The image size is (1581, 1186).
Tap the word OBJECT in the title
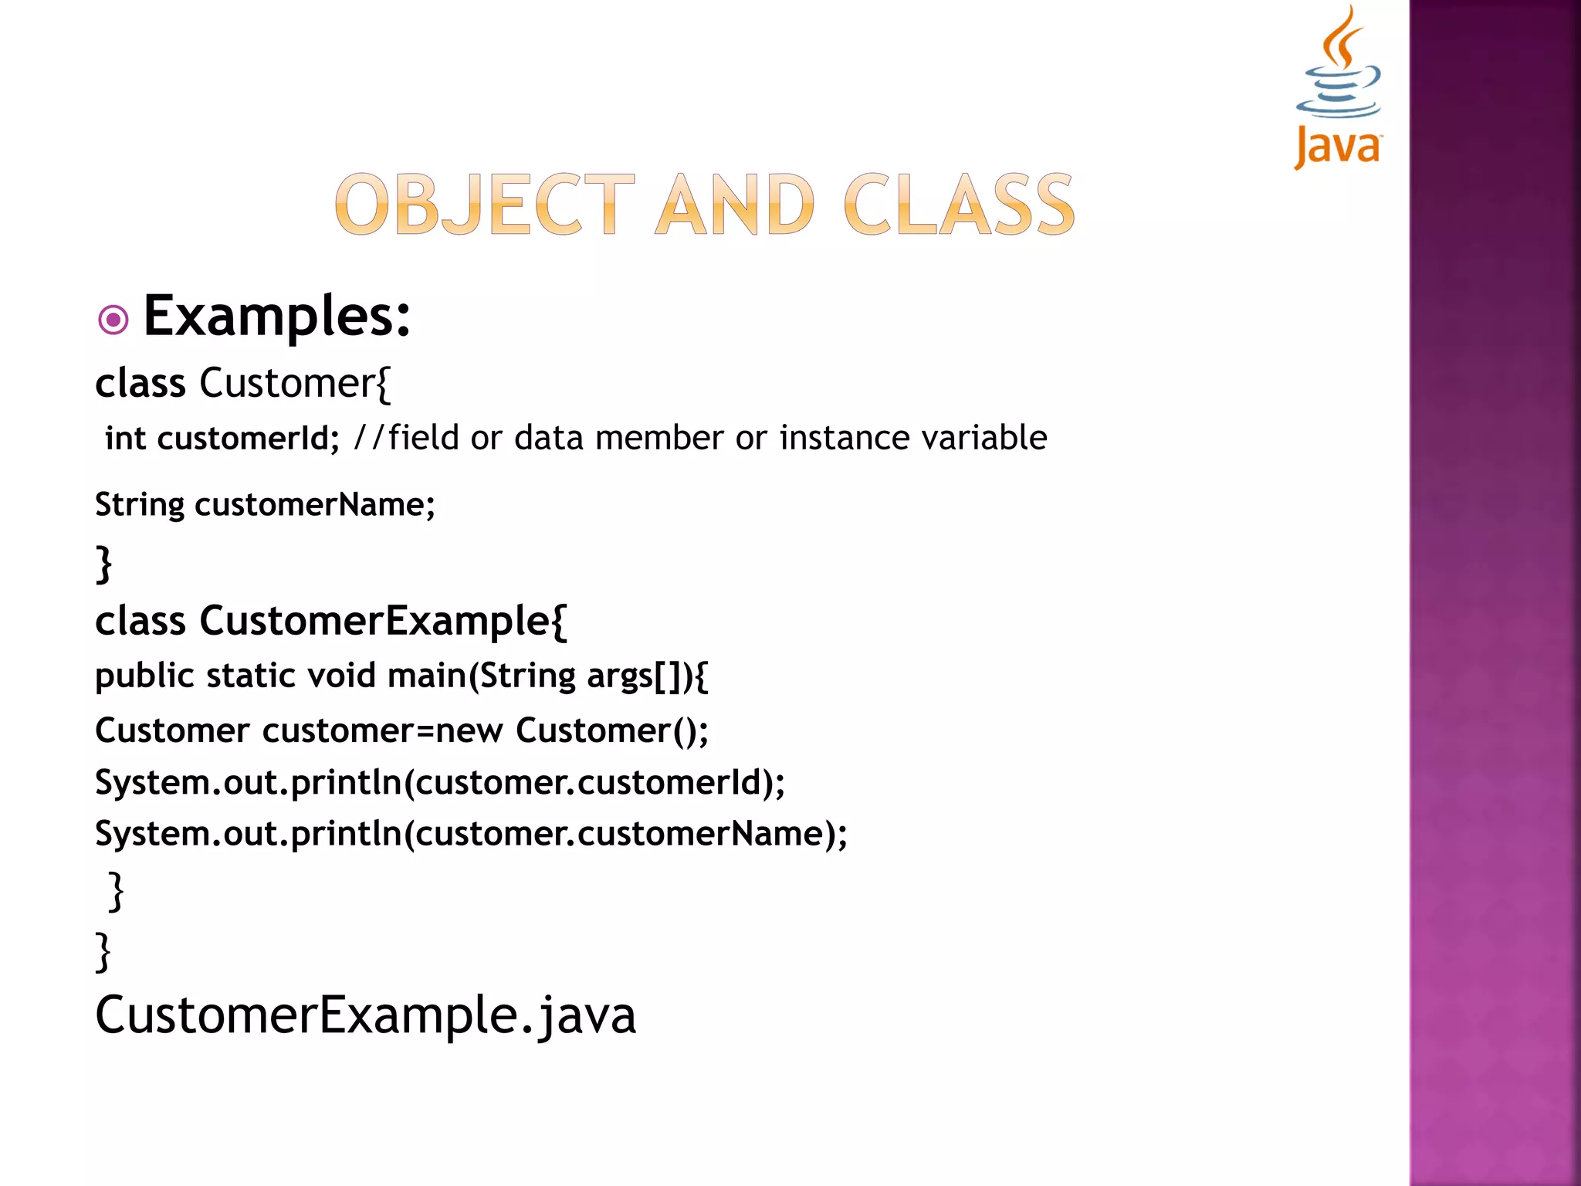click(x=485, y=205)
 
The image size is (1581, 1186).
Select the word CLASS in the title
click(x=959, y=205)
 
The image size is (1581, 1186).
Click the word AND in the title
click(x=734, y=205)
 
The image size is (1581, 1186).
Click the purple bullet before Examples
click(x=113, y=319)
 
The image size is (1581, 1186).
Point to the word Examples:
click(x=277, y=316)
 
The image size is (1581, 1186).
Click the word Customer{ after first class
click(x=295, y=383)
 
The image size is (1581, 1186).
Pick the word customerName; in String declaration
click(x=315, y=505)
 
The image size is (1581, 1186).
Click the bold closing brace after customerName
click(x=103, y=563)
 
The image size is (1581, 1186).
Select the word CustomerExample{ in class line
click(x=383, y=621)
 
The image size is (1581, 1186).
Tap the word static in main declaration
click(x=251, y=676)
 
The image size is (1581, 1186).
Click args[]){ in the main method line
click(x=647, y=676)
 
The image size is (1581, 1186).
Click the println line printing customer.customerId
click(x=440, y=782)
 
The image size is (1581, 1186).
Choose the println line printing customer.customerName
click(x=471, y=834)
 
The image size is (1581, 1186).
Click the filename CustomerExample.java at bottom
click(x=365, y=1015)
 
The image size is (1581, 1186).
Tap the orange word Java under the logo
click(x=1337, y=147)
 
